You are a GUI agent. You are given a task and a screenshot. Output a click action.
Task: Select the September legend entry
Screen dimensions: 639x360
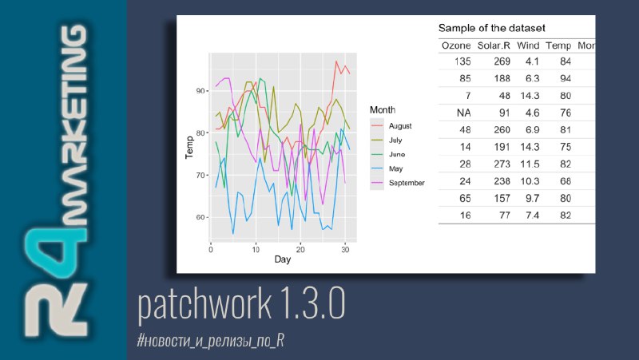coord(397,183)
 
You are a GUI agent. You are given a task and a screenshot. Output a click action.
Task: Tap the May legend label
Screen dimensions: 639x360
coord(395,168)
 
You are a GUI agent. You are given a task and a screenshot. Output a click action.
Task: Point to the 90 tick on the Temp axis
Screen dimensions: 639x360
coord(200,91)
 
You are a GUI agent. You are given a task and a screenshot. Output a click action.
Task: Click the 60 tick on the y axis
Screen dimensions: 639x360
coord(200,217)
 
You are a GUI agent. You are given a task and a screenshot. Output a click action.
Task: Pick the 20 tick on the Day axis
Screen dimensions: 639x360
coord(300,250)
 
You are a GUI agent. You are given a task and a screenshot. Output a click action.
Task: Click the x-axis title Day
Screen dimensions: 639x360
coord(283,259)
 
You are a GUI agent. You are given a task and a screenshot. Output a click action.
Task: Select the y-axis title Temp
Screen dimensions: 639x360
coord(189,148)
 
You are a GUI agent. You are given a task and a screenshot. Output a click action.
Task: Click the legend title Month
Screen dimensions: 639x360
coord(383,110)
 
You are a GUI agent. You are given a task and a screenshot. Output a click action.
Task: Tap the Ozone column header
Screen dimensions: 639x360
coord(456,45)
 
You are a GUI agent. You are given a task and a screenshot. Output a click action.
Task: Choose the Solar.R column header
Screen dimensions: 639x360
coord(494,45)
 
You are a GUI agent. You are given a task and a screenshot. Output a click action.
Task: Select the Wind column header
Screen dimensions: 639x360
coord(528,45)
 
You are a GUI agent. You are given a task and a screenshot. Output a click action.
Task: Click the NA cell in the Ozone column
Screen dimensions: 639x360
coord(464,113)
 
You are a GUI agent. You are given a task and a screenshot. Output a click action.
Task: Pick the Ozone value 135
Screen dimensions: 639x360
coord(462,61)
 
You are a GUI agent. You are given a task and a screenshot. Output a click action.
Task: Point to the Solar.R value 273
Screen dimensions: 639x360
coord(502,164)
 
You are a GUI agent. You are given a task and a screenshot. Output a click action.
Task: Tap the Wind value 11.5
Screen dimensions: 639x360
coord(530,164)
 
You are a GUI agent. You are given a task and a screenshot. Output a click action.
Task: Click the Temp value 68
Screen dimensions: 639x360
coord(566,181)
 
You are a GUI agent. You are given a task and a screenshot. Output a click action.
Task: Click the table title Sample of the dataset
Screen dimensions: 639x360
coord(491,28)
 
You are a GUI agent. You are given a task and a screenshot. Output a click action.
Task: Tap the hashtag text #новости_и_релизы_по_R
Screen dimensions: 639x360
coord(211,341)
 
